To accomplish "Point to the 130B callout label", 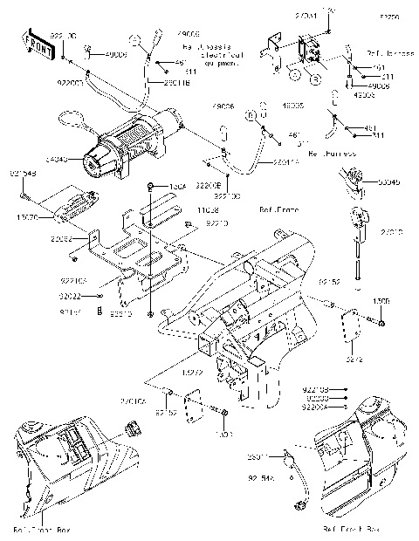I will [382, 301].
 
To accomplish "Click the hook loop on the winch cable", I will [70, 116].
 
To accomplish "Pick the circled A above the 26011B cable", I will [136, 39].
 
